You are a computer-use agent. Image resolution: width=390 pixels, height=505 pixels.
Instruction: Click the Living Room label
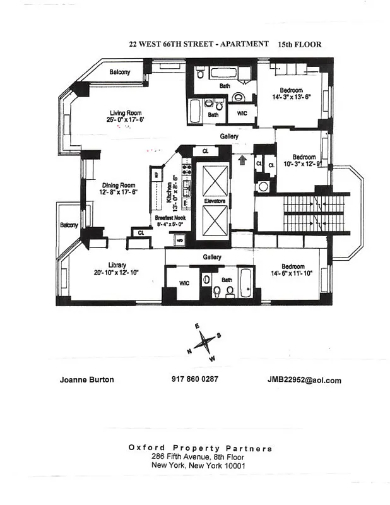pos(122,114)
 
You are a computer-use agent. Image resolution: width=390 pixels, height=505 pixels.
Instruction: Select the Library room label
pos(117,265)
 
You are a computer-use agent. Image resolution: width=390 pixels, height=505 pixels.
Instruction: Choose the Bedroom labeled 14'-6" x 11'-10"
pos(293,266)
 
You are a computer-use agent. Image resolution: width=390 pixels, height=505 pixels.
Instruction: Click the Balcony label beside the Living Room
pos(119,72)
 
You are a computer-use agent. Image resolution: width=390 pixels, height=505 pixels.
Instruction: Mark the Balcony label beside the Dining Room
pos(69,225)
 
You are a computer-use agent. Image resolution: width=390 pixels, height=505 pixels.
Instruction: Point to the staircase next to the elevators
pos(315,213)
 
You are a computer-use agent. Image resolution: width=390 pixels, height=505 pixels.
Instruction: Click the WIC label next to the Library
pos(184,283)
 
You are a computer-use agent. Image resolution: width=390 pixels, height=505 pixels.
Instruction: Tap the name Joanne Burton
pos(87,380)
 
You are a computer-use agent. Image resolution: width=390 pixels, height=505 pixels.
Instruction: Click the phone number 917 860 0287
pos(194,380)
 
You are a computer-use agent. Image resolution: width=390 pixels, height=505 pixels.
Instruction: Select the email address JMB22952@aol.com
pos(304,380)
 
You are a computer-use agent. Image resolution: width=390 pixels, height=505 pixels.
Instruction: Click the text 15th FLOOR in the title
pos(299,45)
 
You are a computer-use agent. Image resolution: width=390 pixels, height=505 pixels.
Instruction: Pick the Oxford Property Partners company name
pos(200,448)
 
